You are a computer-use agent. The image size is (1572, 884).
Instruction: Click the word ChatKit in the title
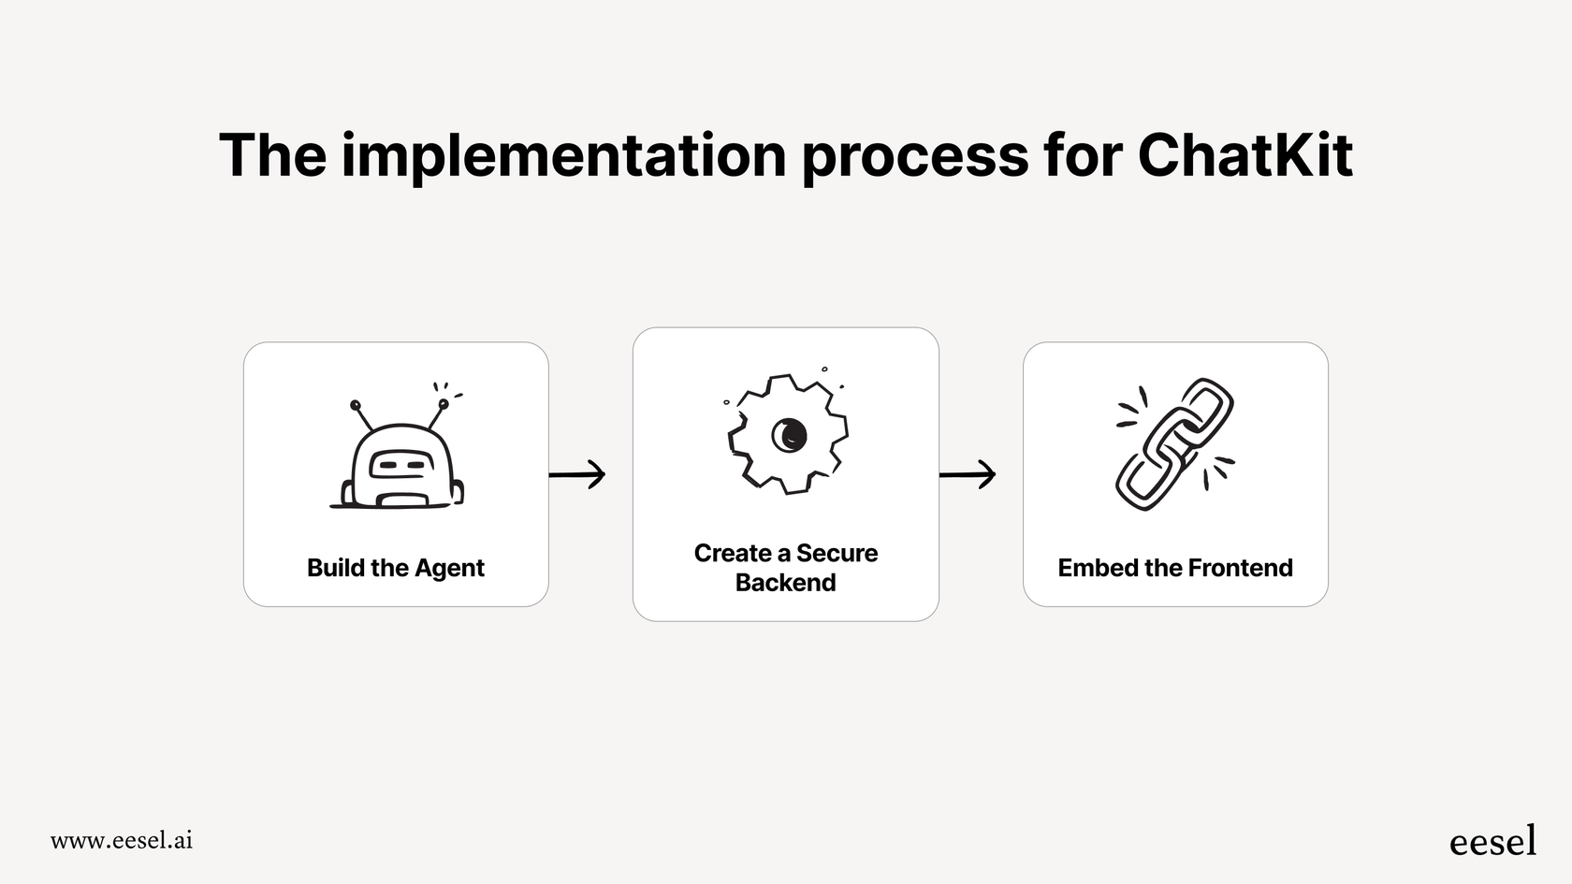[x=1244, y=155]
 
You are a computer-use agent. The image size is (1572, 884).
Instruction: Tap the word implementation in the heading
[x=563, y=155]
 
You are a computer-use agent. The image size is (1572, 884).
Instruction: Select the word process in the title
[x=914, y=155]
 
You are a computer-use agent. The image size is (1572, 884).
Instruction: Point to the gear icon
[x=788, y=434]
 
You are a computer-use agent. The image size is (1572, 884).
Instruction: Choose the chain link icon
[x=1174, y=444]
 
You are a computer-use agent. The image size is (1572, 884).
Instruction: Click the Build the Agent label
[x=396, y=568]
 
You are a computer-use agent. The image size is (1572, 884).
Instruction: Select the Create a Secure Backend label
[x=786, y=568]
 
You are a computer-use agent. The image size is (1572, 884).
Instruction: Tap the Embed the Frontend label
[x=1175, y=568]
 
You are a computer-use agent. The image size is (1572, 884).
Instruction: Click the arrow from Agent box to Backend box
[x=577, y=474]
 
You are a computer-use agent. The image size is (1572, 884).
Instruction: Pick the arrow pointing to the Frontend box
[x=968, y=474]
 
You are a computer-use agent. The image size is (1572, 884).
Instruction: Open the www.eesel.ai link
[x=122, y=840]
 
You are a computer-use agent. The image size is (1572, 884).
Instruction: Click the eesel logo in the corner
[x=1492, y=841]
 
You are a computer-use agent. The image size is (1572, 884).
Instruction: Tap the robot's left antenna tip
[x=356, y=405]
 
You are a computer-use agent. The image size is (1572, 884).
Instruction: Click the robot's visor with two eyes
[x=401, y=463]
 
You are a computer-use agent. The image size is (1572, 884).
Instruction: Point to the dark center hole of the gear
[x=788, y=434]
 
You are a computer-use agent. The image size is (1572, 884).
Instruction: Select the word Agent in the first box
[x=449, y=569]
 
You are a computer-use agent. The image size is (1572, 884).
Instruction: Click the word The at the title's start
[x=272, y=155]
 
